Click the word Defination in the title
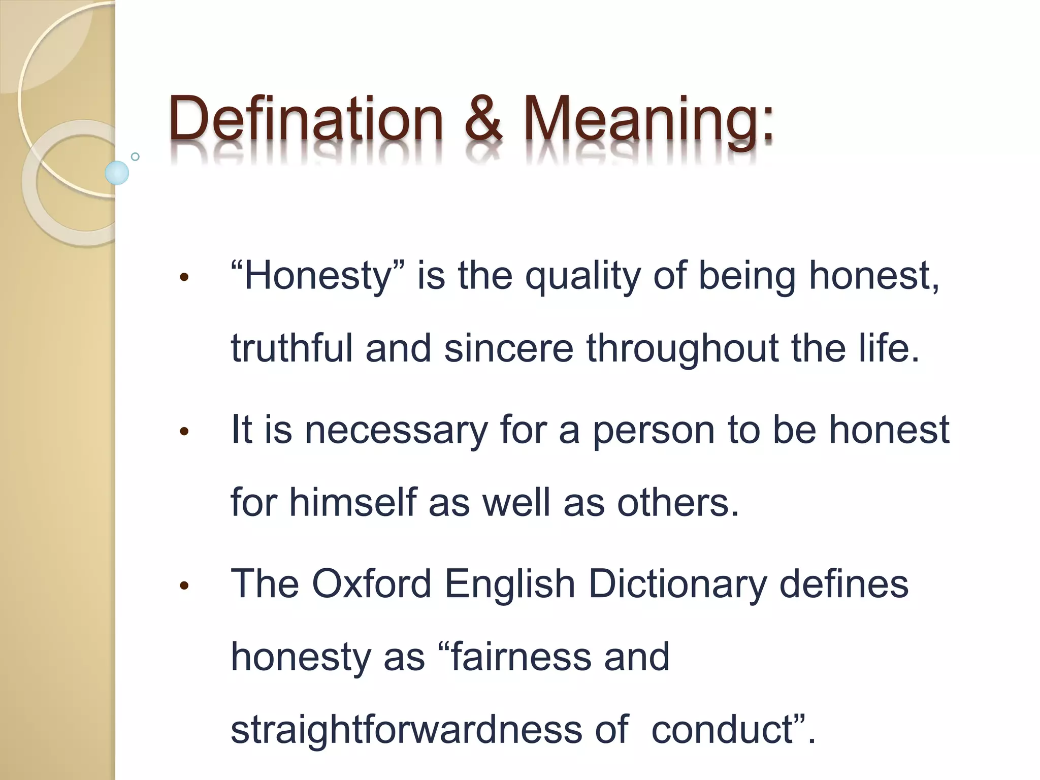(306, 119)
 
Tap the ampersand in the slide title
(483, 119)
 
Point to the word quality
(582, 278)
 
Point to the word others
(678, 503)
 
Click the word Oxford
(371, 584)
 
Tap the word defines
(843, 584)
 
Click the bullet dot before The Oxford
(184, 586)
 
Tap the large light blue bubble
(117, 173)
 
